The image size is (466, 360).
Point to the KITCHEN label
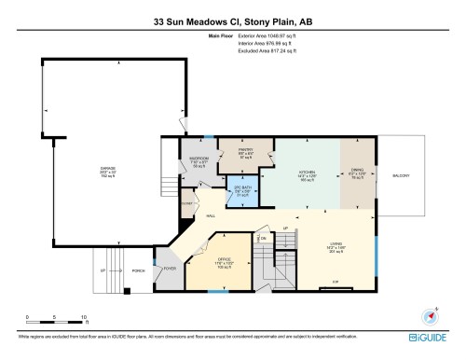307,174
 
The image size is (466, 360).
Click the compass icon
430,316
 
